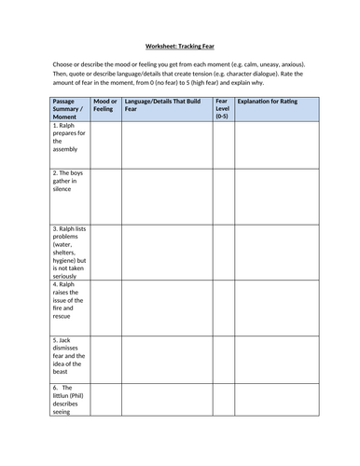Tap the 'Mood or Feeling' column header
[106, 103]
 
